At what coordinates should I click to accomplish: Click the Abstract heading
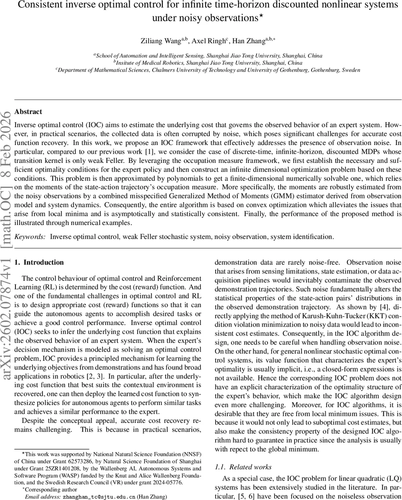point(28,112)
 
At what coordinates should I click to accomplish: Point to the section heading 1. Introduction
point(39,262)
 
